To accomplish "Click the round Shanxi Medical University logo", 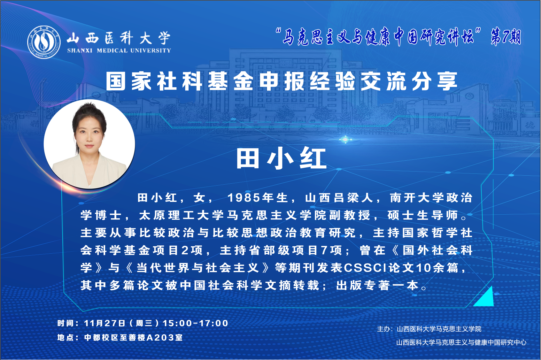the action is click(44, 42).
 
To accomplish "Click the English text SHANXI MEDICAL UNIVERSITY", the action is click(119, 50).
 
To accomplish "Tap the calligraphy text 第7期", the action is click(506, 37).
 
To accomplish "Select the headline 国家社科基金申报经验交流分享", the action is click(282, 81).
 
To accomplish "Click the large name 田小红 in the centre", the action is click(282, 158).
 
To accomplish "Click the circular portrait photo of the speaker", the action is click(89, 144).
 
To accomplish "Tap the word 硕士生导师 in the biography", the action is click(423, 215).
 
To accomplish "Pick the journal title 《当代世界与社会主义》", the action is click(197, 268).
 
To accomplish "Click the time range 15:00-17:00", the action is click(196, 323).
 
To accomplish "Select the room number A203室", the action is click(165, 337).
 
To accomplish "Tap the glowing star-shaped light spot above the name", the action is click(345, 139).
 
